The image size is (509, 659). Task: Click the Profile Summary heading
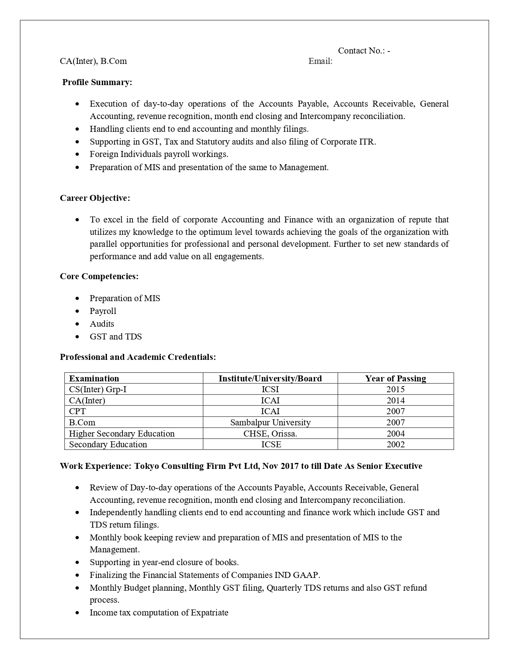click(97, 82)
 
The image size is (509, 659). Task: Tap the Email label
click(320, 61)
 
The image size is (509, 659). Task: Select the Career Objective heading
click(95, 198)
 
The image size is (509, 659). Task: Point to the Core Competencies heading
click(99, 276)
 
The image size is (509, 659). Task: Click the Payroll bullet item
click(103, 311)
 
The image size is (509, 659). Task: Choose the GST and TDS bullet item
click(116, 337)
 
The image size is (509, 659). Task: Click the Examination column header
click(94, 379)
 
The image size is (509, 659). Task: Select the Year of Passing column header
click(396, 379)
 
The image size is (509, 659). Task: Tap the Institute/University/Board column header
click(270, 379)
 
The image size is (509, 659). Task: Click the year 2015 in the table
click(396, 389)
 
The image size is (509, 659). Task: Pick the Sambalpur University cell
click(270, 423)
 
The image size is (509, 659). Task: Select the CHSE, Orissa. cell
click(270, 434)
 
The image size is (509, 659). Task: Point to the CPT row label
click(77, 411)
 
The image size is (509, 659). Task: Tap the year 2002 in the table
click(396, 445)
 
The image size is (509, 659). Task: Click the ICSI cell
click(270, 389)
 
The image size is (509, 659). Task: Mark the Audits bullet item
click(102, 324)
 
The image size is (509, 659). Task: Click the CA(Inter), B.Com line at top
click(93, 61)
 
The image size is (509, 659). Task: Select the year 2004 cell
click(396, 434)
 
